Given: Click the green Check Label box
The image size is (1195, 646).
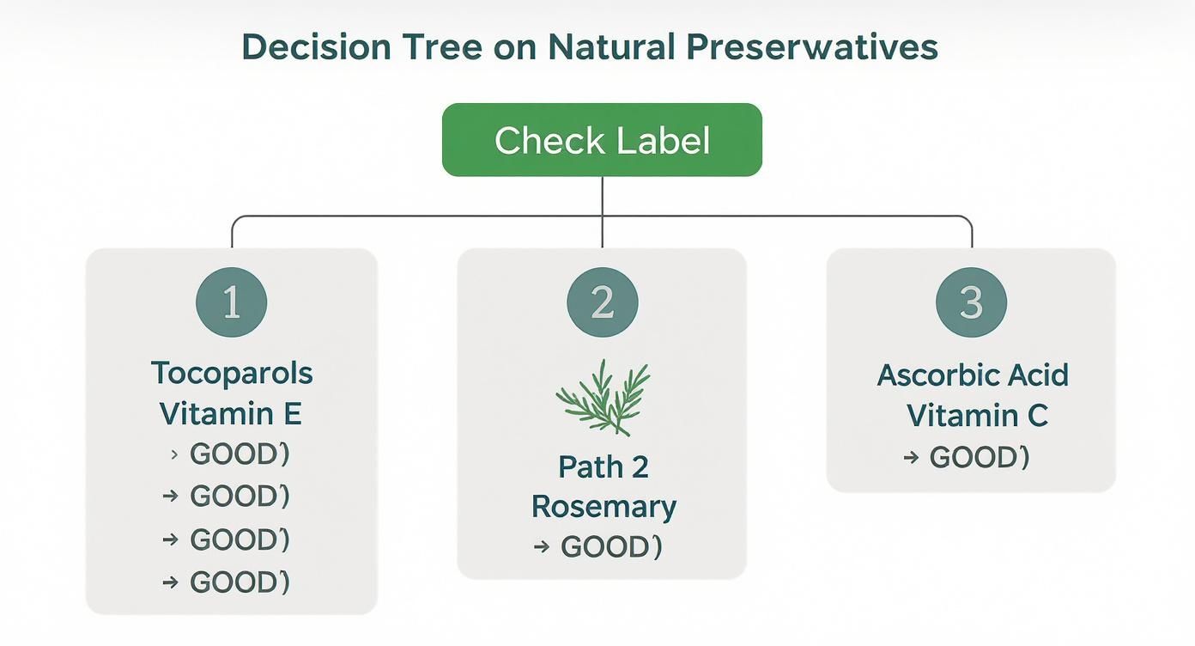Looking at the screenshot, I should coord(602,140).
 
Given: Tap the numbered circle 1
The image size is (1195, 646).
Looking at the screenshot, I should coord(232,302).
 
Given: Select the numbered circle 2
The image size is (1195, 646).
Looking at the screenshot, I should coord(603,302).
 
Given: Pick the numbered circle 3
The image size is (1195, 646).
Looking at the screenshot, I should coord(971,302).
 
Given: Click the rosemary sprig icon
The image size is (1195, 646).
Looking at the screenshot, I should coord(603,398).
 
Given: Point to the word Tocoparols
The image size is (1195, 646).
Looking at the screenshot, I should coord(232,374).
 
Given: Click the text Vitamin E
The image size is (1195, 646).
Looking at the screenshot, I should coord(231,414).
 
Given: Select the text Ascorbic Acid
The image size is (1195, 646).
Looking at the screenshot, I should coord(973,375).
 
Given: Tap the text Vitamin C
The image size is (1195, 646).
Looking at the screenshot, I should coord(977,416).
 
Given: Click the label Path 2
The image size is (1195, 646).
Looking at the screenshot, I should coord(604,466).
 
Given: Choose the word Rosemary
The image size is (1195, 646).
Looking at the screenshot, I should coord(604,507).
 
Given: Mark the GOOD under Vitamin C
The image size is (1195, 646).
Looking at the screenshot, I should coord(979,457).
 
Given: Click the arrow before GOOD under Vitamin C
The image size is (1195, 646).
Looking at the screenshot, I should coord(911,458).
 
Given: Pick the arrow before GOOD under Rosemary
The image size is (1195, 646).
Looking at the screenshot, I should coord(541,547).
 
